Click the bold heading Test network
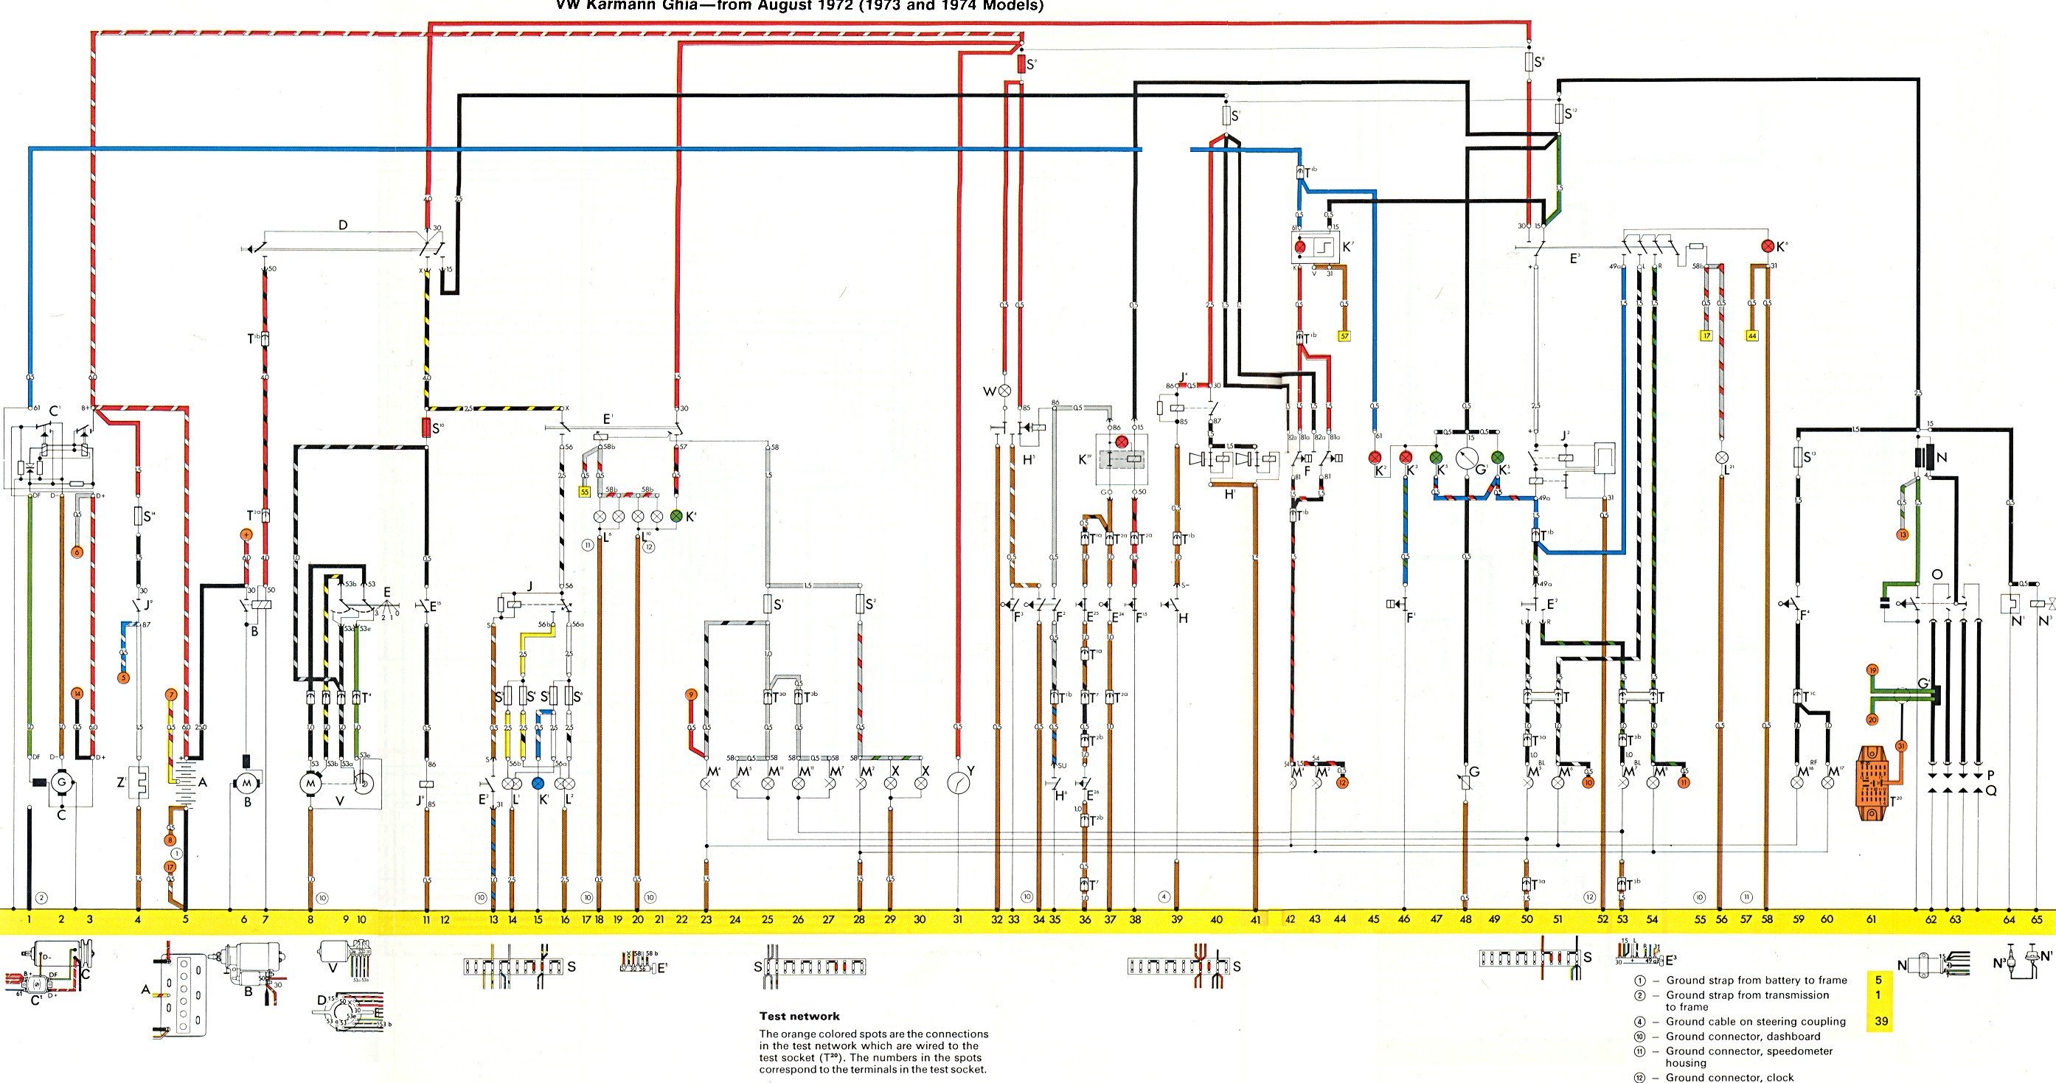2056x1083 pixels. [x=799, y=1016]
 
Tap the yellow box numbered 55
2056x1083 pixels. [x=585, y=493]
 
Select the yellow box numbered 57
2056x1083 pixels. [x=1344, y=337]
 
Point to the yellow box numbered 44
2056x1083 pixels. [x=1752, y=336]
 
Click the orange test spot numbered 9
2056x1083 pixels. [x=691, y=695]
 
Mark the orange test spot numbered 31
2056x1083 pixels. [x=1901, y=746]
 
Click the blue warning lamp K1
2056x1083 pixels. [x=539, y=783]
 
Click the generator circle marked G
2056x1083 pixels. [x=60, y=783]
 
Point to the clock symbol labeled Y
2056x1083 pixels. [x=957, y=783]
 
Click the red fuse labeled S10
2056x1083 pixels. [x=426, y=428]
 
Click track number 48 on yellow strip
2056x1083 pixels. [x=1465, y=919]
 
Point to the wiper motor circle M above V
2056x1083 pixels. [x=310, y=783]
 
